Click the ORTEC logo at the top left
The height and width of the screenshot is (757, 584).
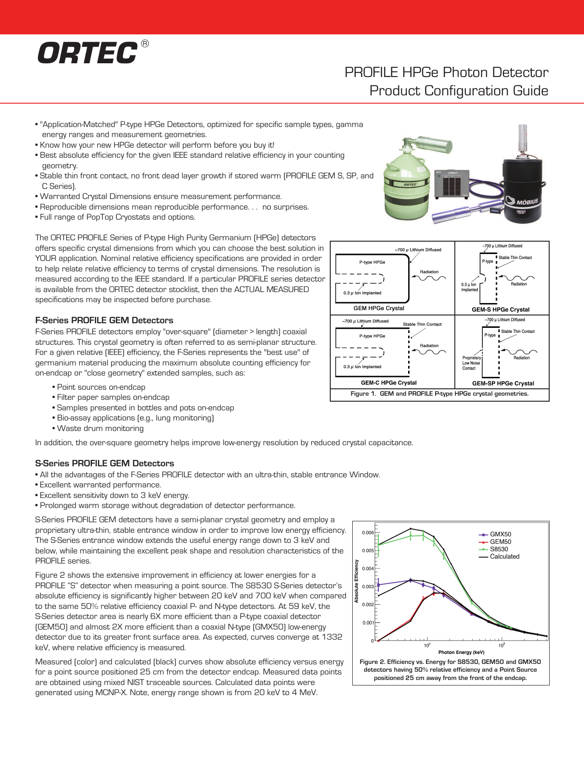[87, 53]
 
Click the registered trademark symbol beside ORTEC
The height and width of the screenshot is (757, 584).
[145, 44]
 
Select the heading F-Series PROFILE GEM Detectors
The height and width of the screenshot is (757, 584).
[104, 320]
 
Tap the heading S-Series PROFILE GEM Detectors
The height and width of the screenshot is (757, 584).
[104, 463]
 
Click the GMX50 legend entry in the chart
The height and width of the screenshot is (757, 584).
[500, 534]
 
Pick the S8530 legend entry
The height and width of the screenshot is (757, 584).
[498, 549]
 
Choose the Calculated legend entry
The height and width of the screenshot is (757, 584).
[504, 556]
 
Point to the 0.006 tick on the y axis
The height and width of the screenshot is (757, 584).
[368, 532]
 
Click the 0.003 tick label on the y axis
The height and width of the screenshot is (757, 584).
[368, 586]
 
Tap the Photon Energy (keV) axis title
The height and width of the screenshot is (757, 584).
[461, 652]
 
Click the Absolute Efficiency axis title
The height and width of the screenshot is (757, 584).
[356, 581]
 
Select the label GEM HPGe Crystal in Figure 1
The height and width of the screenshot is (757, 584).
[379, 308]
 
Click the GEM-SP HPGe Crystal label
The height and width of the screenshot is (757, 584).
[503, 383]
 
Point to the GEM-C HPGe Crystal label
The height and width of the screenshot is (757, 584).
[388, 382]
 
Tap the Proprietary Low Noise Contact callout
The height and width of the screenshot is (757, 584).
[471, 363]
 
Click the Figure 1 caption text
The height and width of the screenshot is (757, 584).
[439, 393]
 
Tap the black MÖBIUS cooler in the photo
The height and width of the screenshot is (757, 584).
[522, 188]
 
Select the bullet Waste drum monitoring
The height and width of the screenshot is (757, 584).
[100, 428]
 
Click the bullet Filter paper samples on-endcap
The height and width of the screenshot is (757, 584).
[113, 397]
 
